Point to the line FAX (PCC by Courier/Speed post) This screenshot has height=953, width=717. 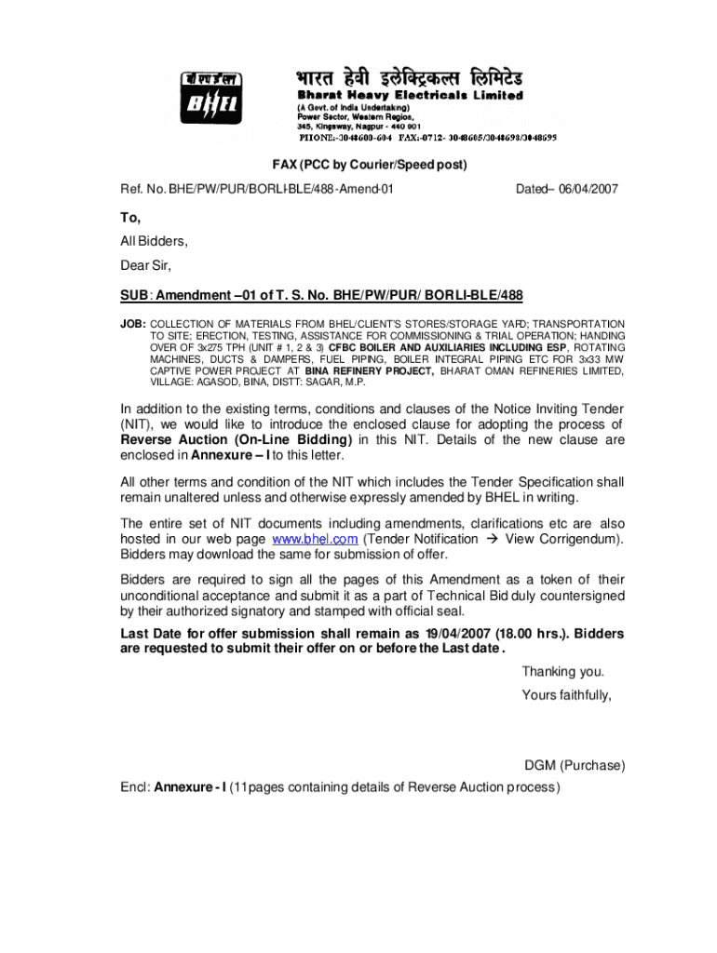pyautogui.click(x=369, y=165)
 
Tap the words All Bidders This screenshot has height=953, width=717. pyautogui.click(x=154, y=242)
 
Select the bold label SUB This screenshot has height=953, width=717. pyautogui.click(x=135, y=295)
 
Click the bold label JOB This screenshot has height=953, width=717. pyautogui.click(x=132, y=323)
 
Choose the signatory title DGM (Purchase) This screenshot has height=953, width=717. pyautogui.click(x=575, y=766)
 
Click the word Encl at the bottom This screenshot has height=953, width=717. pyautogui.click(x=134, y=786)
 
